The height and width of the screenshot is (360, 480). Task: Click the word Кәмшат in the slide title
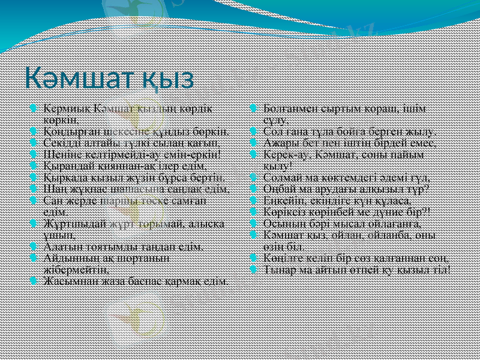point(73,79)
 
